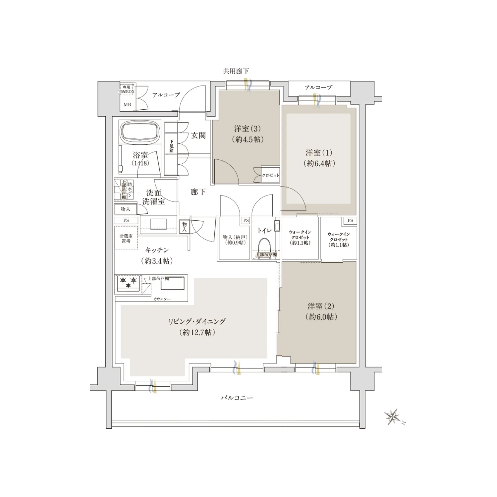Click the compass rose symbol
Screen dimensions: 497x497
(394, 417)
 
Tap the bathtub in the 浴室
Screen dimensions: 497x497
(140, 133)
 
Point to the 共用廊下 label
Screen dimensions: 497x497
(236, 71)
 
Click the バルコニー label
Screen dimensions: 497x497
(237, 397)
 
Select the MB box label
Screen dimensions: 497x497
(127, 104)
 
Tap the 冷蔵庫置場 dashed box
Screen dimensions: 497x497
(126, 238)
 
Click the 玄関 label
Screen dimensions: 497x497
(198, 135)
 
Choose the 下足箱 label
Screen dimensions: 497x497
(172, 146)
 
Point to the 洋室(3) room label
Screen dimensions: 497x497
(248, 129)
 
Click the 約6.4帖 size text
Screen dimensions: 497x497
(319, 163)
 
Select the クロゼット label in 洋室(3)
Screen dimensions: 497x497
(270, 175)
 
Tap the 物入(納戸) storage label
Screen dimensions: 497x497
(235, 237)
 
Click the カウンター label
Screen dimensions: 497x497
(162, 299)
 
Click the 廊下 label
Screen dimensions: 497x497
(198, 192)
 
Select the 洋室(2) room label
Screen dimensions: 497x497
(321, 306)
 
